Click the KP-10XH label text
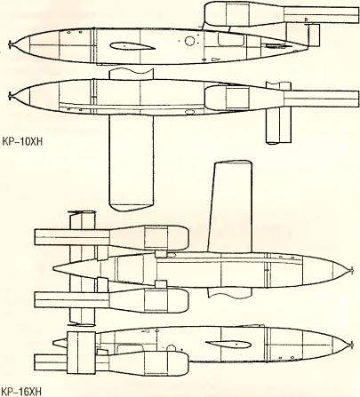pos(22,141)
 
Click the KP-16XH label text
pos(21,392)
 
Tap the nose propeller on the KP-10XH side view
pos(11,45)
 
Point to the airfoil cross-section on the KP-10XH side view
pos(132,46)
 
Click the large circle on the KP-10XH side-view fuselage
pos(189,41)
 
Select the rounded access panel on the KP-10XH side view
pos(231,39)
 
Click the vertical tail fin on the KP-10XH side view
pos(314,35)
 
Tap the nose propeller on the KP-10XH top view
pos(11,96)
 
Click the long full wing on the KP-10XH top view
pos(132,163)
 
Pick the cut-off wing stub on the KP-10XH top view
pos(132,74)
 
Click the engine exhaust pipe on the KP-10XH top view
pos(322,99)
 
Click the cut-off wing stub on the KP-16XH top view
pos(230,292)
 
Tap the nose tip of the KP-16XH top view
pos(352,270)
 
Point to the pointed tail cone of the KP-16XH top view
pos(74,268)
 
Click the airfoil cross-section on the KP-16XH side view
pos(228,345)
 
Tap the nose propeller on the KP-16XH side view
pos(352,345)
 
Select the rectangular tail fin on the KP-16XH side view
pos(81,353)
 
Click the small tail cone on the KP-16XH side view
pos(60,343)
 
